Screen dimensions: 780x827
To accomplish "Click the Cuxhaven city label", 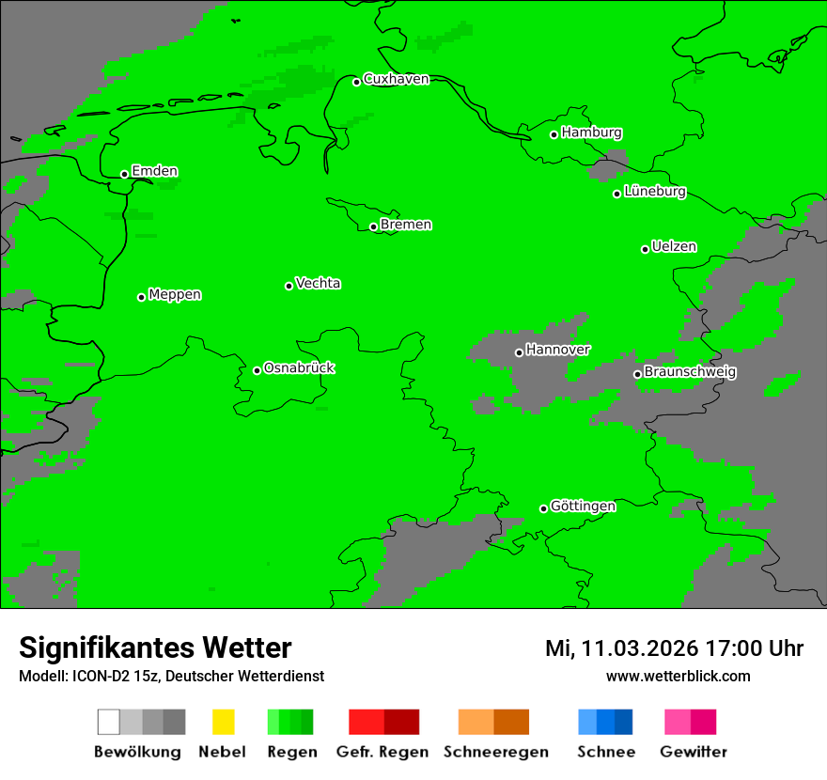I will tap(396, 79).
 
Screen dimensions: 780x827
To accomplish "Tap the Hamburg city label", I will tap(591, 133).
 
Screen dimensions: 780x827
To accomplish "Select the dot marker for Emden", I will tap(124, 174).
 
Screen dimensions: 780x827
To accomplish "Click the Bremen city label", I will tap(406, 225).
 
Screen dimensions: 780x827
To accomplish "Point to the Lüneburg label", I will tap(654, 192).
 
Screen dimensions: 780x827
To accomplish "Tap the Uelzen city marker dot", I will tap(645, 249).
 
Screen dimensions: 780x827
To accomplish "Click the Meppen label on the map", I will tap(175, 295).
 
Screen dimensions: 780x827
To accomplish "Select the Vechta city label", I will tap(318, 283).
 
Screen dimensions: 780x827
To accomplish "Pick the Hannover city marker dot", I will tap(519, 352).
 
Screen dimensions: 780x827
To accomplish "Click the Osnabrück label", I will tap(299, 368).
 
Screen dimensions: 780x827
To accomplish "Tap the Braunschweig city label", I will tap(690, 372).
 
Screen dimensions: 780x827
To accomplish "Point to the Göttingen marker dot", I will tap(543, 508).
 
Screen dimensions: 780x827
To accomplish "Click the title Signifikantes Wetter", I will tap(155, 648).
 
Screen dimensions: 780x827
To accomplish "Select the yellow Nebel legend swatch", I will tap(223, 722).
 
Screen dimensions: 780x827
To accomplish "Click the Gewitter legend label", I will tap(693, 752).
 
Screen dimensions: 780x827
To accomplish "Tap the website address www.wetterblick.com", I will tap(678, 677).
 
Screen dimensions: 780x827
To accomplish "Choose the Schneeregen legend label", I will tap(495, 752).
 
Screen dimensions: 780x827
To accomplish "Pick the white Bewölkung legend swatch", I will tap(109, 722).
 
